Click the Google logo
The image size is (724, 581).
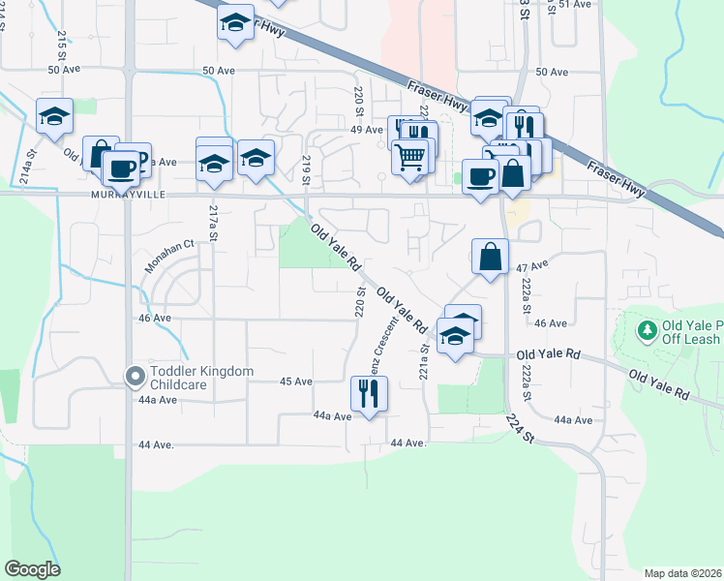[x=32, y=569]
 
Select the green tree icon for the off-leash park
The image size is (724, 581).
[x=647, y=331]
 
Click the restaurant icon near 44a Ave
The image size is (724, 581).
[x=368, y=393]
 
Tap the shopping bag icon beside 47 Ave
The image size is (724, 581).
[x=491, y=257]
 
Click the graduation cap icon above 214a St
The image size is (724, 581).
[x=55, y=116]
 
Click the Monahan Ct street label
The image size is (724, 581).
[x=170, y=256]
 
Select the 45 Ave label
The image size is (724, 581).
[x=296, y=382]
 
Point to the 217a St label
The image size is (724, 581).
[x=214, y=224]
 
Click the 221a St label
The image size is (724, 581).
[x=423, y=364]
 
